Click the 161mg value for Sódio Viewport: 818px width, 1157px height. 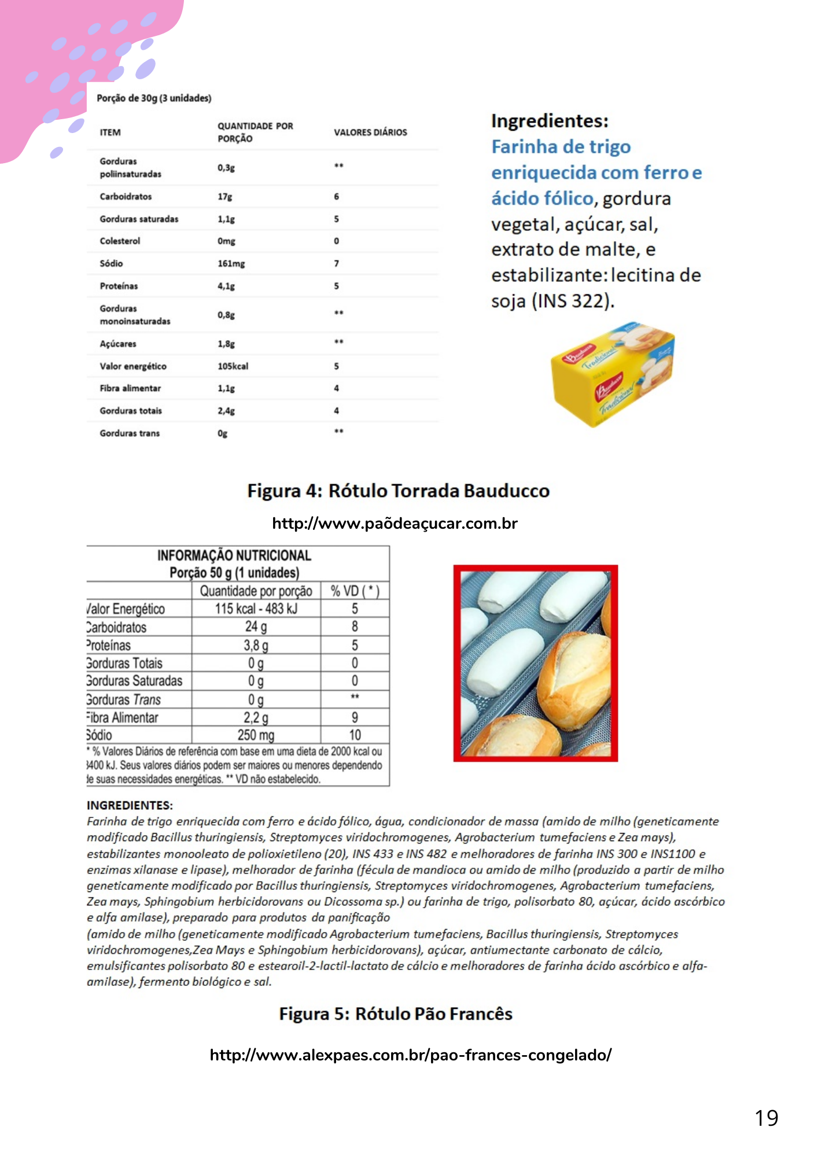click(231, 264)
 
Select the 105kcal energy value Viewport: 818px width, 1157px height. click(233, 366)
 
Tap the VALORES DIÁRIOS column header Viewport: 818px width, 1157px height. click(370, 132)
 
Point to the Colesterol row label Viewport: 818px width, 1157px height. click(120, 241)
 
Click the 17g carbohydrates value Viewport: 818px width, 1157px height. click(225, 197)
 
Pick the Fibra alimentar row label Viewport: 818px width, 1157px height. click(130, 388)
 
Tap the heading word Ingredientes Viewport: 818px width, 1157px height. click(550, 121)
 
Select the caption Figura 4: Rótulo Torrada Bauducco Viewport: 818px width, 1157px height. click(398, 491)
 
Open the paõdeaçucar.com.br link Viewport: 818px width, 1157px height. click(395, 524)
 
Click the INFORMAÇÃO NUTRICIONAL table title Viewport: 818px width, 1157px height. click(234, 556)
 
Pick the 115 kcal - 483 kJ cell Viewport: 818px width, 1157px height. click(256, 609)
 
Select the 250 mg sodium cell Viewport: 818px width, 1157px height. click(256, 735)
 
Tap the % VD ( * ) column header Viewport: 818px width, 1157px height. click(355, 591)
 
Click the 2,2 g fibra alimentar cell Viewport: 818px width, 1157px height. click(256, 717)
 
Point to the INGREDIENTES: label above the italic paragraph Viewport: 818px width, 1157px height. click(130, 805)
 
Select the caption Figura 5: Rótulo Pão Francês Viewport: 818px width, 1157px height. click(396, 1014)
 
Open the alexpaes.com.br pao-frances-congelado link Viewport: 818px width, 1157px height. click(410, 1055)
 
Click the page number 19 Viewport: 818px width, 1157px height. click(767, 1118)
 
